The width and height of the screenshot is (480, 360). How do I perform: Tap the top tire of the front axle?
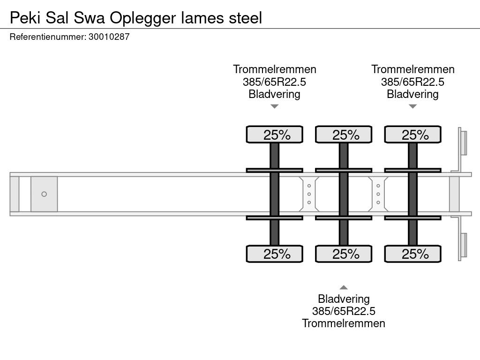click(x=275, y=135)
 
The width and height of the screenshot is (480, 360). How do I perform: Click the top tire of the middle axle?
click(x=344, y=135)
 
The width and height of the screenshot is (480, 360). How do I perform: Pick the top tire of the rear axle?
click(x=412, y=135)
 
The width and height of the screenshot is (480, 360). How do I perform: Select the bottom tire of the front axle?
click(x=275, y=254)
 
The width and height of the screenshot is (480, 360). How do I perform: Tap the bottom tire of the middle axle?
click(x=344, y=254)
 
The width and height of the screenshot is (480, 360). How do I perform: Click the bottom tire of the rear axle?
click(x=412, y=254)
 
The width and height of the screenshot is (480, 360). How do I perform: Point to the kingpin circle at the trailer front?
click(x=44, y=194)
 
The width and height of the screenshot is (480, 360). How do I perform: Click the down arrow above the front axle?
click(x=275, y=106)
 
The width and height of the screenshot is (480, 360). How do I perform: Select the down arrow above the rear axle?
click(x=412, y=106)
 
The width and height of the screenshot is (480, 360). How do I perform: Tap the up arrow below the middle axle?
click(x=344, y=287)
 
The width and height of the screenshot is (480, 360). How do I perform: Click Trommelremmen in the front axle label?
click(x=275, y=69)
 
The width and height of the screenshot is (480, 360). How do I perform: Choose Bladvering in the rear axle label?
click(x=412, y=94)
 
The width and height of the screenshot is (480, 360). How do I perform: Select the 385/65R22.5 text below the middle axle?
click(x=344, y=311)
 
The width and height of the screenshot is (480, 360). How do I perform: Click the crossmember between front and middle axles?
click(x=309, y=194)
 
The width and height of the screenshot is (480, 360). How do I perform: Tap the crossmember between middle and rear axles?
click(x=378, y=194)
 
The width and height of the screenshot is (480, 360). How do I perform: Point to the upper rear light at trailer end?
click(x=464, y=142)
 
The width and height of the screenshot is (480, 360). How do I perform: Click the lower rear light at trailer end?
click(x=464, y=245)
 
